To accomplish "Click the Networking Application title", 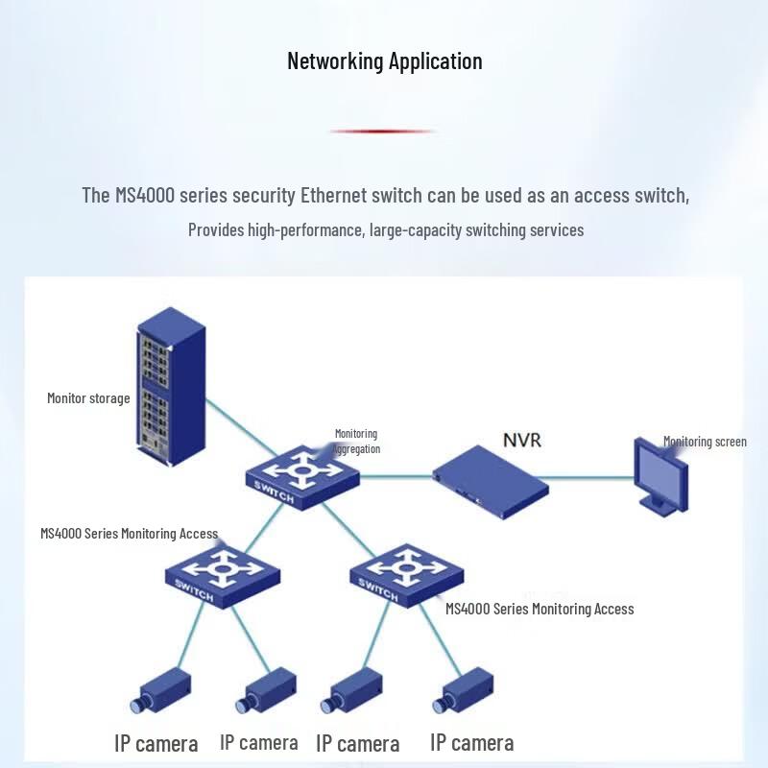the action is point(385,61).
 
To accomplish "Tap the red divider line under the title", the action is point(382,132).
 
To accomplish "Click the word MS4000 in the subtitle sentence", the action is point(145,195).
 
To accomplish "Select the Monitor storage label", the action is point(88,398).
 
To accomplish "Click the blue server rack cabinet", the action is point(171,387).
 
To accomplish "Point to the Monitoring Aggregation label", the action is point(356,441).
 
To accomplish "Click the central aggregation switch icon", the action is point(302,477).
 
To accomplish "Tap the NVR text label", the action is point(522,440).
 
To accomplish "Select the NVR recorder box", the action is point(491,482).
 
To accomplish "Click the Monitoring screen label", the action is point(705,442).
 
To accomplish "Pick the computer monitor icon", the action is point(660,476).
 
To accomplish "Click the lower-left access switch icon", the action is point(223,577).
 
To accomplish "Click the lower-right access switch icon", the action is point(407,575).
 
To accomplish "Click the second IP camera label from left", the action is point(258,742).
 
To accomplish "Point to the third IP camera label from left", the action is point(357,743).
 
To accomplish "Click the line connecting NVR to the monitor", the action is point(586,477).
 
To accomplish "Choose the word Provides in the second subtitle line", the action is point(216,229).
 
